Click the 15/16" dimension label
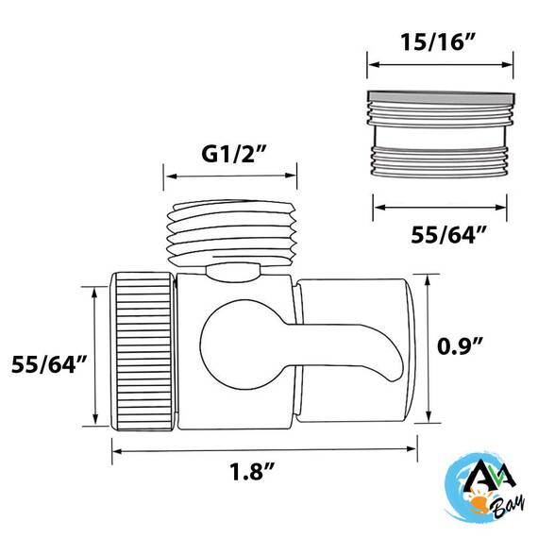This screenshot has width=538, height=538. pos(438,42)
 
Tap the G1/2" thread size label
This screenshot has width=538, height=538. pos(234,153)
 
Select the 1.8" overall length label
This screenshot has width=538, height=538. pos(252,471)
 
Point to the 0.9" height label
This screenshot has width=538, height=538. pos(460,345)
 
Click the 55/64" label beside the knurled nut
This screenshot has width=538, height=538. pos(49,364)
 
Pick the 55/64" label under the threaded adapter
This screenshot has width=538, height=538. pos(448,235)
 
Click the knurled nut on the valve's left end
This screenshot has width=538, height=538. pos(143,351)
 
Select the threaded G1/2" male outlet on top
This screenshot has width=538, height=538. pos(231,233)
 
